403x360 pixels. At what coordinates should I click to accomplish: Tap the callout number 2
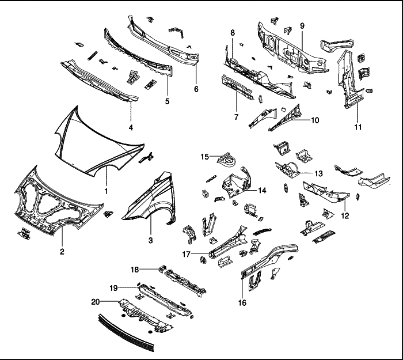point(62,251)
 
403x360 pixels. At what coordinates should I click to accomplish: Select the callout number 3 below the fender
point(150,240)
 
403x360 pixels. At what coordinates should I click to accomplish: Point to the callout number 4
point(131,127)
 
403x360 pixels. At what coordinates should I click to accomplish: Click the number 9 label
point(302,26)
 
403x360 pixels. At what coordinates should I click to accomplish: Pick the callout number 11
point(358,127)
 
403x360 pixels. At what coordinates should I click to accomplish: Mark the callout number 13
point(318,173)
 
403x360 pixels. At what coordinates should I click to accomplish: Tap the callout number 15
point(204,157)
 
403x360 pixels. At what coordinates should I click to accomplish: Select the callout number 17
point(187,253)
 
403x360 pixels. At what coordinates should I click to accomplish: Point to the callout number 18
point(133,270)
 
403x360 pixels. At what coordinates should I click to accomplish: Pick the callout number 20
point(96,301)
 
